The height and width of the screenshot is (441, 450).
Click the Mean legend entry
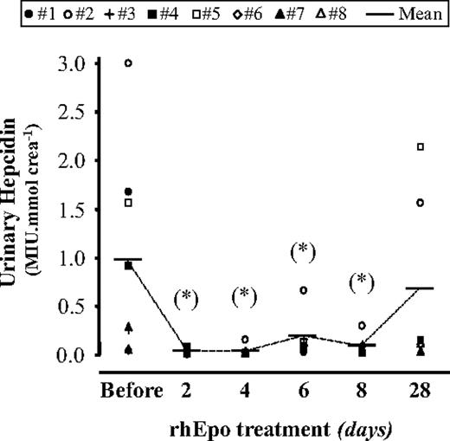click(415, 15)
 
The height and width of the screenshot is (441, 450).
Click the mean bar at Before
click(128, 259)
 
